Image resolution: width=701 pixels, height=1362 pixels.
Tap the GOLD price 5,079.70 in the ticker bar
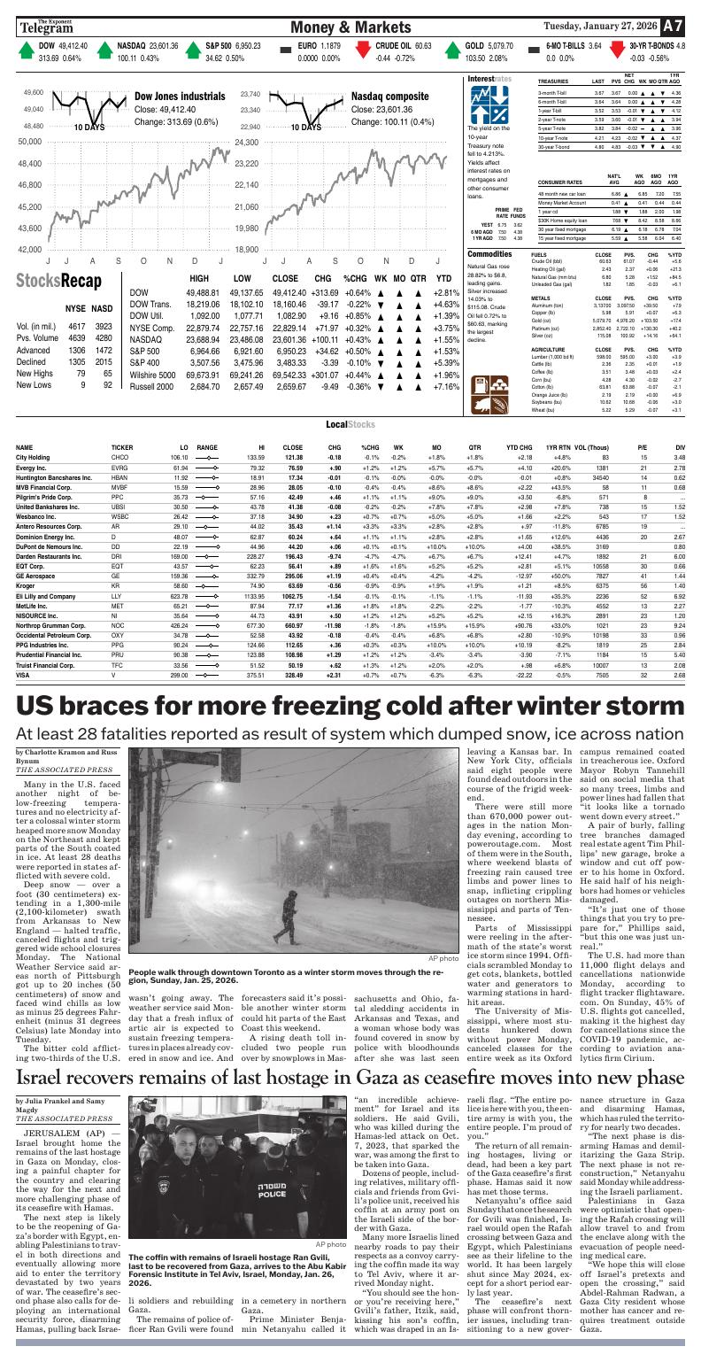pos(483,44)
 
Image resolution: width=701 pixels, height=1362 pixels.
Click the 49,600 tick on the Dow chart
pos(33,92)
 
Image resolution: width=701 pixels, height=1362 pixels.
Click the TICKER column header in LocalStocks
pos(122,448)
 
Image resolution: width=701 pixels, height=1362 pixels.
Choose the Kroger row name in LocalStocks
pos(27,586)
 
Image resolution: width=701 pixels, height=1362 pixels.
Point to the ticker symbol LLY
pos(117,598)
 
